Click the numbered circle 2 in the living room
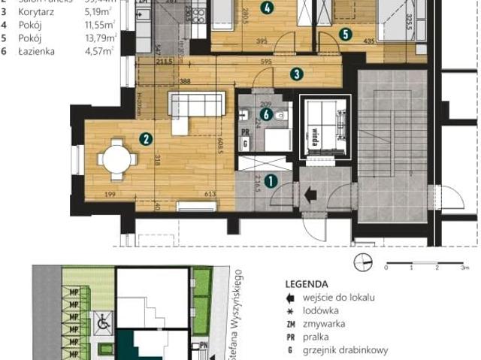[147, 138]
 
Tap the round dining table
[119, 159]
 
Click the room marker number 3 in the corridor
[297, 74]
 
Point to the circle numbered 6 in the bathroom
[265, 114]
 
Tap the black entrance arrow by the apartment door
[310, 194]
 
